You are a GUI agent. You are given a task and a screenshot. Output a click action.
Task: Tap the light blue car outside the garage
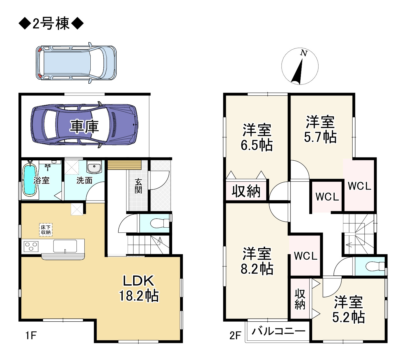[x=76, y=63]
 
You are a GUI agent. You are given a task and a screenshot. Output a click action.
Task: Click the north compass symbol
[x=300, y=66]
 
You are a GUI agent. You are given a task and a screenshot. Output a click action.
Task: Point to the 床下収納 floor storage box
[x=46, y=230]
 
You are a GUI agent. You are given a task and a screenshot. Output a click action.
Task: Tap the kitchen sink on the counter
[x=65, y=246]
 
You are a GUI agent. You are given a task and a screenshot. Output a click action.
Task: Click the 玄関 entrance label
[x=138, y=186]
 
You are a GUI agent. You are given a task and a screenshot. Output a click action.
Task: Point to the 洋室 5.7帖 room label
[x=320, y=129]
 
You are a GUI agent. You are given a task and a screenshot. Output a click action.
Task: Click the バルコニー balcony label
[x=278, y=331]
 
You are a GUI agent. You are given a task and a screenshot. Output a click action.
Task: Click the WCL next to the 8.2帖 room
[x=306, y=256]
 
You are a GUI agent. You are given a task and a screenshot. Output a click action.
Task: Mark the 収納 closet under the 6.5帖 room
[x=246, y=191]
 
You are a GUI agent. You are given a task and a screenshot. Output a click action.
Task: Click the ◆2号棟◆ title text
[x=51, y=24]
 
